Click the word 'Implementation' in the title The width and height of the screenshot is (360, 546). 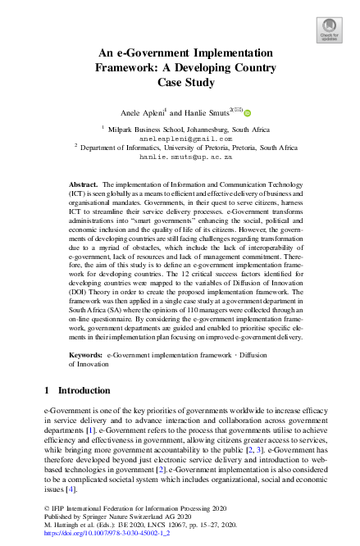click(230, 51)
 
